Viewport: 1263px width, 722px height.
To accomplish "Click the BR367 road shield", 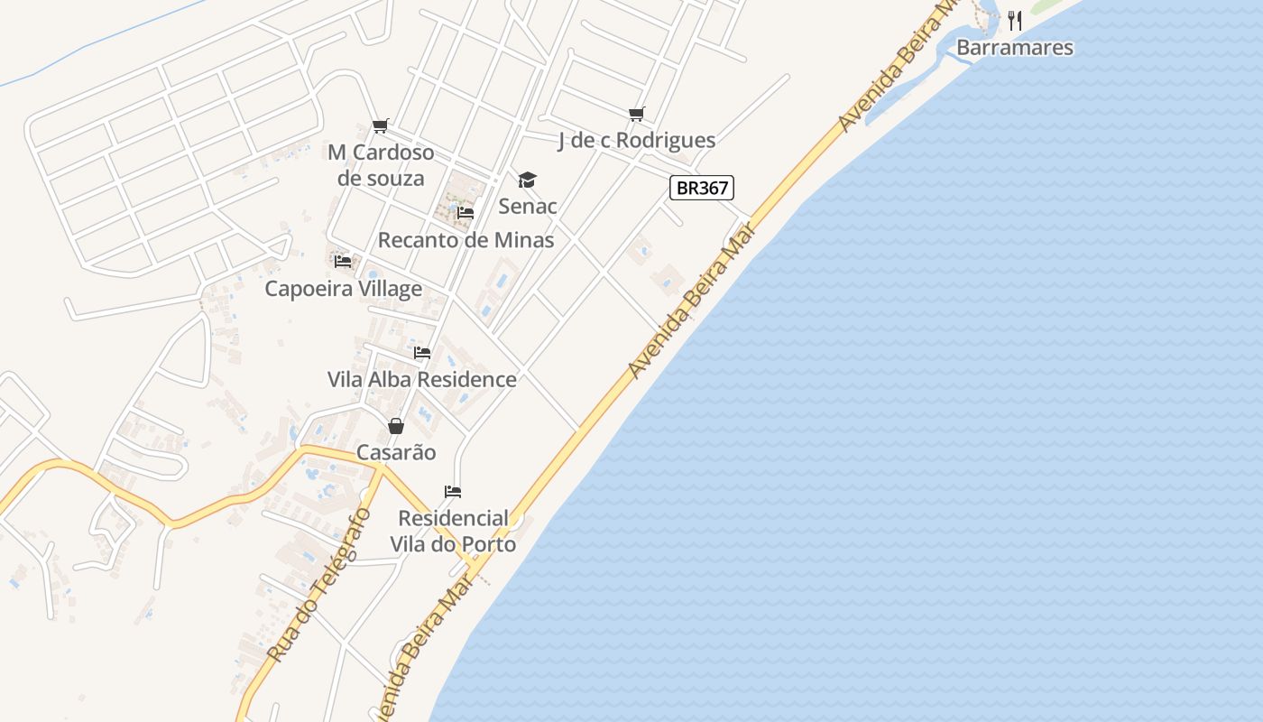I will coord(702,188).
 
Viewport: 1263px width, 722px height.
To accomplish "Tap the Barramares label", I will coord(1015,47).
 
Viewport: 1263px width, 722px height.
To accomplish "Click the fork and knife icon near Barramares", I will coord(1015,20).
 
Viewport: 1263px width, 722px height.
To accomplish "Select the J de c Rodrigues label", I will coord(637,140).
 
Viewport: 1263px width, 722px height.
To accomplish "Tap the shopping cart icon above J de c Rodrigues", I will coord(637,114).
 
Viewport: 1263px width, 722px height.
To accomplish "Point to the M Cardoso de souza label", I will coord(381,165).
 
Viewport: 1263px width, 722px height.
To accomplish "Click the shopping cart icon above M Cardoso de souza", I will coord(381,125).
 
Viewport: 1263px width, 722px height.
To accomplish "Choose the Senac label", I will coord(528,206).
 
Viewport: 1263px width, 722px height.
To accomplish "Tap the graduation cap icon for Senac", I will coord(528,180).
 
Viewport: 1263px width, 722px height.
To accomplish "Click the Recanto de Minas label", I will coord(466,240).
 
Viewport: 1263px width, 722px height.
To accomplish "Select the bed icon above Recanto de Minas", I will coord(466,213).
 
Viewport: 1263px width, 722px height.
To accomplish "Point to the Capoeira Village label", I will coord(343,289).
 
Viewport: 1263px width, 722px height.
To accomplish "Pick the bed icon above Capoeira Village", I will coord(343,262).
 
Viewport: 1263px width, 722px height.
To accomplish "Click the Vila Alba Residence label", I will coord(422,379).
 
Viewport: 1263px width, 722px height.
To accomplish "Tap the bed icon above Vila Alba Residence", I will coord(422,352).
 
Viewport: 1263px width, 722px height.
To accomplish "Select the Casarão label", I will coord(396,452).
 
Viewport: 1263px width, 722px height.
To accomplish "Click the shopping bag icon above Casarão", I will coord(396,426).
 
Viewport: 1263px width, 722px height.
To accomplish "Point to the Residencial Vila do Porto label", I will coord(453,531).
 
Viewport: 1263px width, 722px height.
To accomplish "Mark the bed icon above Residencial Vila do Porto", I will coord(453,492).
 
